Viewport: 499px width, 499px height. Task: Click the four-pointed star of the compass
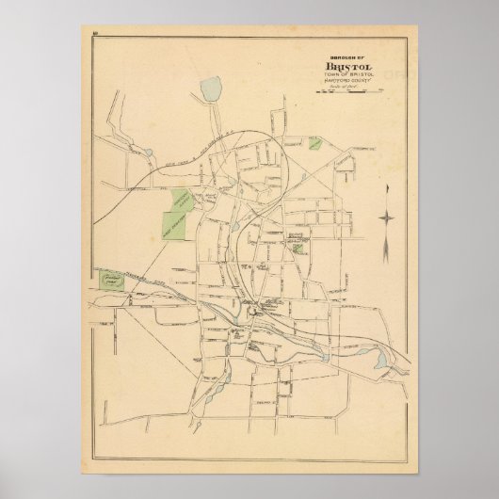click(386, 218)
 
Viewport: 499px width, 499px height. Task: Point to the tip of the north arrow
click(386, 185)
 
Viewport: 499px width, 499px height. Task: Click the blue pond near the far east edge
click(380, 359)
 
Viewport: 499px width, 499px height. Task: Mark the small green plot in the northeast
click(315, 144)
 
